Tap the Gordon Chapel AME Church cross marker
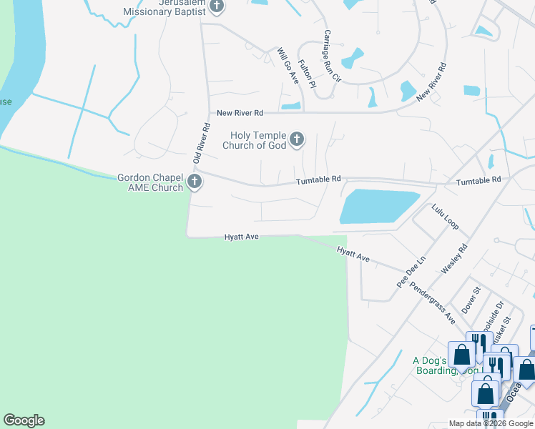coord(194,182)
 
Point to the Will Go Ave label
coord(288,66)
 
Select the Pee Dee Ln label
coord(411,272)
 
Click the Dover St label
coord(471,300)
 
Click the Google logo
coord(24,420)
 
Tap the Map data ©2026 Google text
coord(491,423)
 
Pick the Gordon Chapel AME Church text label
coord(151,182)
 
